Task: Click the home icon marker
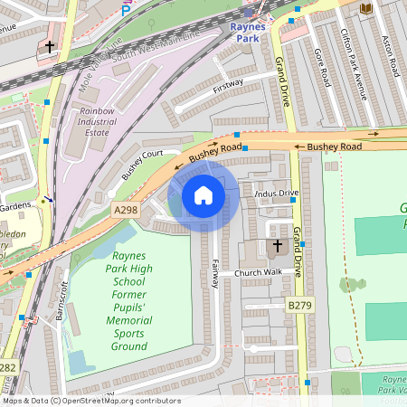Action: tap(203, 195)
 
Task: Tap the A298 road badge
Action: tap(126, 210)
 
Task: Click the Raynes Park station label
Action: tap(248, 32)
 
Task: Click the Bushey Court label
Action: tap(144, 163)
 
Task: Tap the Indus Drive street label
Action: tap(277, 194)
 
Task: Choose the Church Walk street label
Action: tap(258, 272)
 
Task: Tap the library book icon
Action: tap(365, 8)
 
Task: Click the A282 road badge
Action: tap(7, 368)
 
